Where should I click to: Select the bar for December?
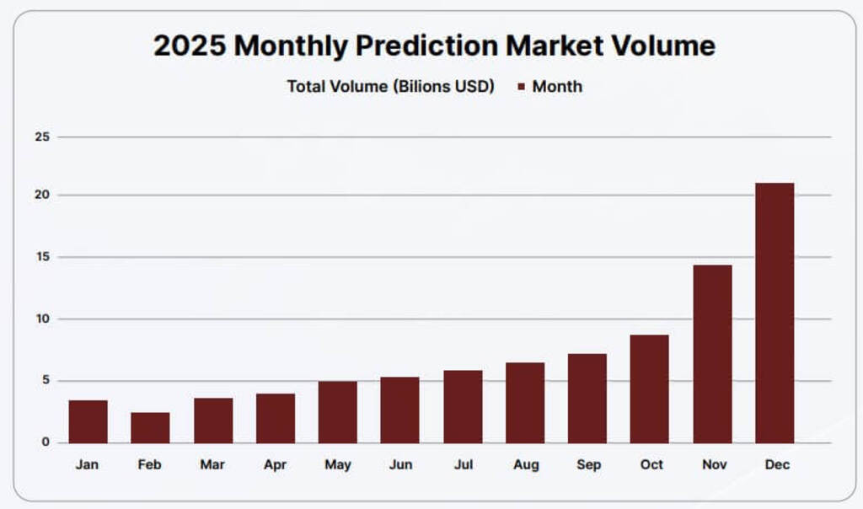pos(774,313)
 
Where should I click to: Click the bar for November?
pos(712,354)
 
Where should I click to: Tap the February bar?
pos(150,427)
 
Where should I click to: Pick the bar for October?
pos(649,388)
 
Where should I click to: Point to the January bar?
pos(88,421)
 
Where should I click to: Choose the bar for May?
pos(337,412)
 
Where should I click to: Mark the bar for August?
pos(525,403)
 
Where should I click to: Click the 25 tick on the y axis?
pos(42,137)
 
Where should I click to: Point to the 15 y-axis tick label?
pos(42,257)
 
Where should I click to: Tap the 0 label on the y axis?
pos(46,442)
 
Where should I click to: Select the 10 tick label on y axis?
pos(42,319)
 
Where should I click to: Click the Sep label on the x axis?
pos(589,464)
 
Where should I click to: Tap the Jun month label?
pos(400,464)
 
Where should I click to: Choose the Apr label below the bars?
pos(275,464)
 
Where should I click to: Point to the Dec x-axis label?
pos(776,464)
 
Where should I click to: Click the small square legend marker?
pos(521,87)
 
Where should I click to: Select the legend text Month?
pos(557,86)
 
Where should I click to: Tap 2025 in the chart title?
pos(189,46)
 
